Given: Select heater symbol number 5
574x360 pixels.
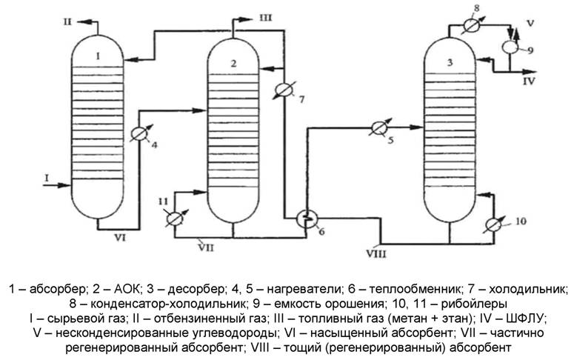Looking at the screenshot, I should (x=376, y=127).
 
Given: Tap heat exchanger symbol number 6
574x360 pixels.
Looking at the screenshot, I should (x=304, y=218).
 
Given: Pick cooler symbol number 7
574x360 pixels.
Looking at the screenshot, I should (x=281, y=90).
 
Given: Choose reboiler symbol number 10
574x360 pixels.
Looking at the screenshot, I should (x=495, y=224).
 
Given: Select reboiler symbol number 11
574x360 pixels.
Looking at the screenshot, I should (x=173, y=219).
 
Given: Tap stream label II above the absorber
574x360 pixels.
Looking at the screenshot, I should (x=66, y=24).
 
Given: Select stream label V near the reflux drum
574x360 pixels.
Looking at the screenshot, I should (x=530, y=22).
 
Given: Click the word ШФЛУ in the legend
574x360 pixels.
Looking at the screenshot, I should (x=524, y=318).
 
